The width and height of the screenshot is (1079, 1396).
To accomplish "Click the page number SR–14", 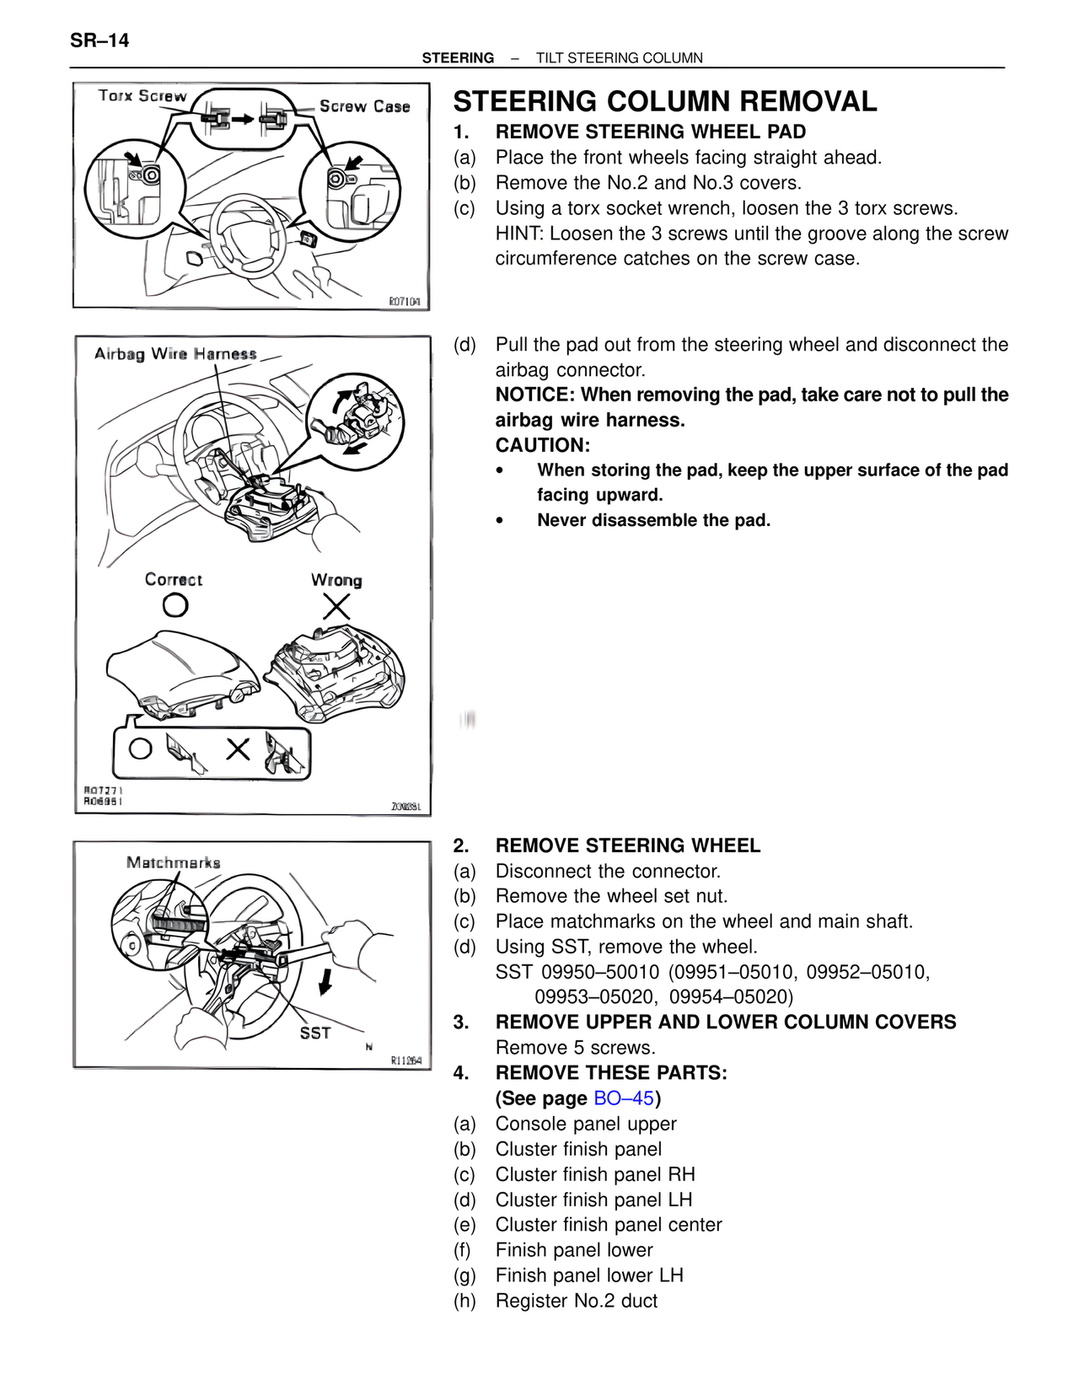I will pyautogui.click(x=99, y=40).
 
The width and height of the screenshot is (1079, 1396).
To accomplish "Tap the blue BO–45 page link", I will pyautogui.click(x=624, y=1098).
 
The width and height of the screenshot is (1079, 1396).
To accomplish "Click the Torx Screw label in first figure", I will pyautogui.click(x=142, y=96).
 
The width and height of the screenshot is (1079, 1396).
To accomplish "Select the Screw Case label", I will pyautogui.click(x=364, y=107).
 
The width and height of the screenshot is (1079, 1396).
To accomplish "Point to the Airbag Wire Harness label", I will pyautogui.click(x=175, y=354).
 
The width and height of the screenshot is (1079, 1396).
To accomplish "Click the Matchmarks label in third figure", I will pyautogui.click(x=174, y=862).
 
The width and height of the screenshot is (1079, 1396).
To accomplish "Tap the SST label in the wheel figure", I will pyautogui.click(x=315, y=1033).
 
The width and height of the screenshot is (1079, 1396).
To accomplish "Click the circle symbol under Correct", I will pyautogui.click(x=175, y=605).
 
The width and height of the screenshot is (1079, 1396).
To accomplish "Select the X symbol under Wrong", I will pyautogui.click(x=336, y=606).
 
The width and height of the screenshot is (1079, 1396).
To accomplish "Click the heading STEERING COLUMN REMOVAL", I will pyautogui.click(x=664, y=102).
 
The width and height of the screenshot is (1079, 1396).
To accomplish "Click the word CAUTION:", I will pyautogui.click(x=542, y=445).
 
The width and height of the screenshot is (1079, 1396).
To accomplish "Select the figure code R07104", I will pyautogui.click(x=405, y=301).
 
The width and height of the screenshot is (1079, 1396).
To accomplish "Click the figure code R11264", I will pyautogui.click(x=405, y=1060).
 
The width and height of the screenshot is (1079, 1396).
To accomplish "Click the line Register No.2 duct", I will pyautogui.click(x=576, y=1301).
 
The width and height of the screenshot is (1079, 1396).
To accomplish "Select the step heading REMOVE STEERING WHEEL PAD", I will pyautogui.click(x=650, y=132).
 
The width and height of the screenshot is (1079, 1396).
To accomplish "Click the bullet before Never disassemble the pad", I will pyautogui.click(x=500, y=521).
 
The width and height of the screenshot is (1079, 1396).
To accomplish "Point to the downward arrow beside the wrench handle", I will pyautogui.click(x=325, y=980).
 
